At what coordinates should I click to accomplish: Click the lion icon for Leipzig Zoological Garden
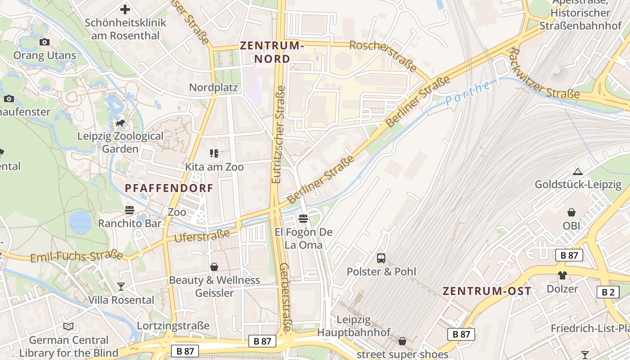pos(120,123)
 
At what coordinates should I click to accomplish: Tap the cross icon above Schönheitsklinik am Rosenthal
pos(125,9)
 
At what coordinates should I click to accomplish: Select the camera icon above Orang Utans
pos(44,42)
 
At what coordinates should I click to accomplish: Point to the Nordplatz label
pos(213,87)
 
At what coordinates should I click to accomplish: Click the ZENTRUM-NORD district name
pos(272,52)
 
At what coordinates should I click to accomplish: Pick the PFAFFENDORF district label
pos(169,188)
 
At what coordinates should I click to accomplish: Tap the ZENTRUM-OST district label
pos(487,291)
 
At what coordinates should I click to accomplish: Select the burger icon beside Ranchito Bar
pos(130,210)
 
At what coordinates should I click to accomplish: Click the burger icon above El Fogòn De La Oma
pos(303,219)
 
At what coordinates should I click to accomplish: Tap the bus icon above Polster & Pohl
pos(381,258)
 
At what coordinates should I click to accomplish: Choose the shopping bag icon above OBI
pos(571,212)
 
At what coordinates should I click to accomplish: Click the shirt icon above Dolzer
pos(562,275)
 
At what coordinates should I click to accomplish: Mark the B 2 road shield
pos(608,292)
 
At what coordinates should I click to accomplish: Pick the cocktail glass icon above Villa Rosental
pos(121,286)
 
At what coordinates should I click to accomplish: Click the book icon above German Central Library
pos(68,327)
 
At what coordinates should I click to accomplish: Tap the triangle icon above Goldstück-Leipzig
pos(578,171)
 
